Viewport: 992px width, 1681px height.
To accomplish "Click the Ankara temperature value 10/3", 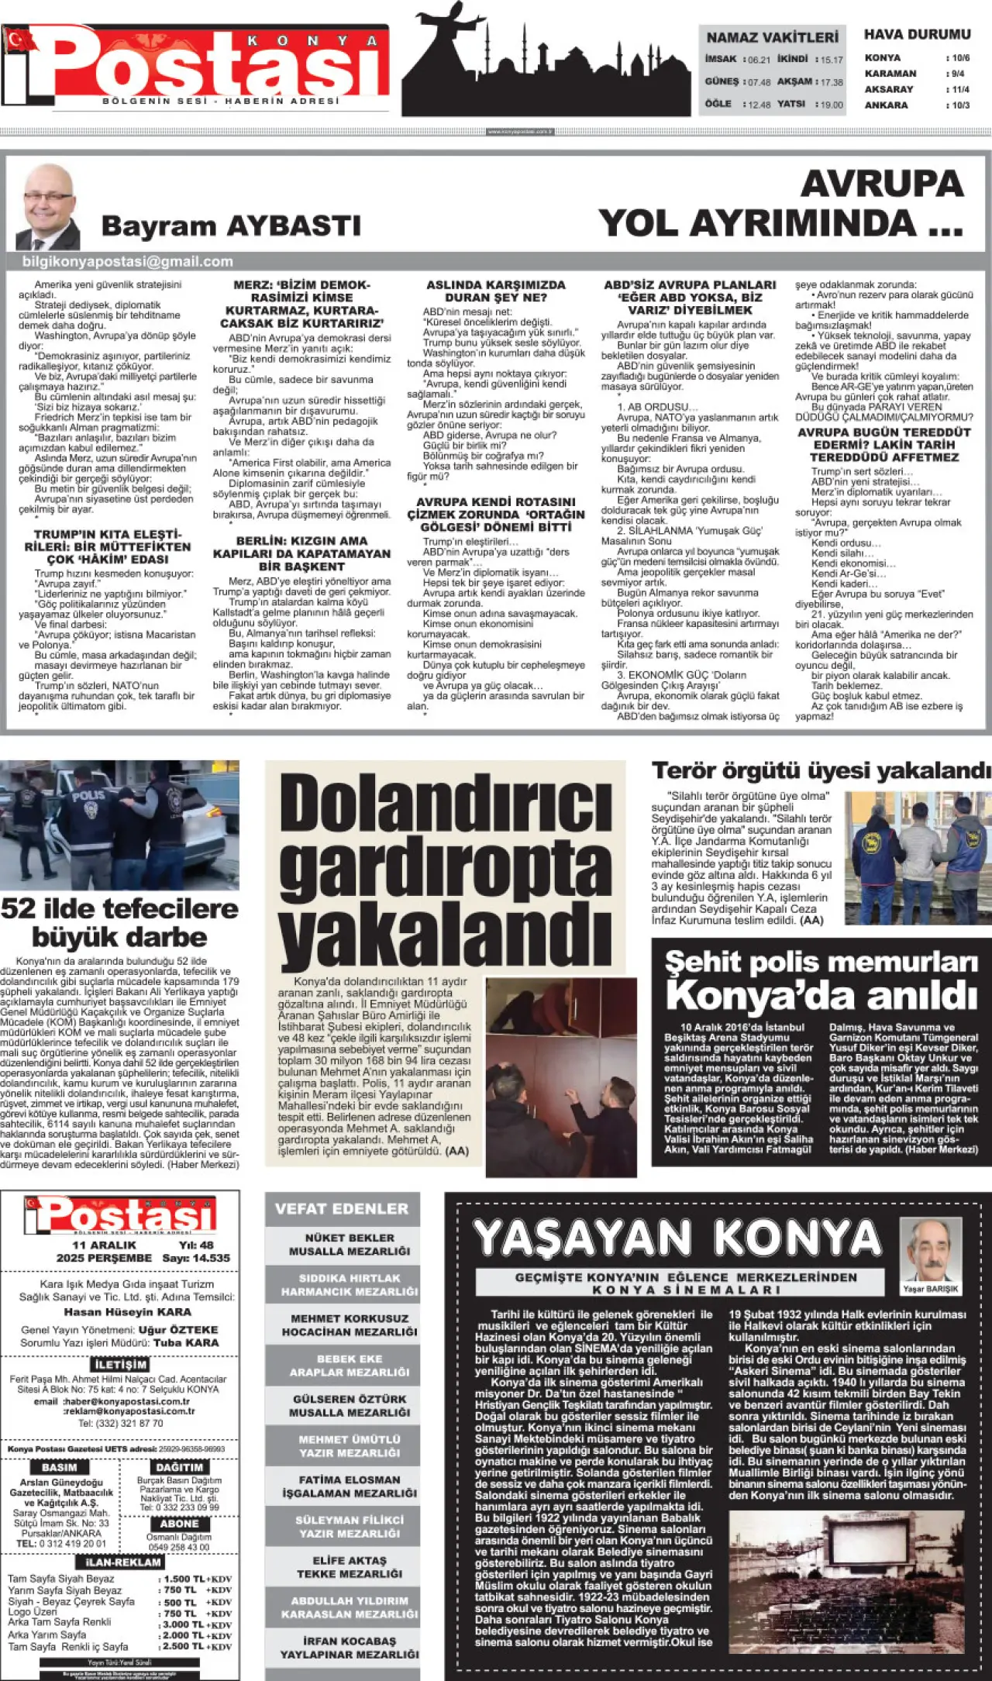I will click(960, 105).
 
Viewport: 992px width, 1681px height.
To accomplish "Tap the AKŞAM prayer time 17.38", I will click(831, 82).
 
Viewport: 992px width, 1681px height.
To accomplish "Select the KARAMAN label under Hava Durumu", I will click(890, 74).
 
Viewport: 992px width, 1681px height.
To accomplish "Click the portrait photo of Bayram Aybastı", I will click(48, 207).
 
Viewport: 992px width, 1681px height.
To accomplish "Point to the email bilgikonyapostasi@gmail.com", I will click(128, 262).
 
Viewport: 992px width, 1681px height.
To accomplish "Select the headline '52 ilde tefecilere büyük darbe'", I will click(120, 922).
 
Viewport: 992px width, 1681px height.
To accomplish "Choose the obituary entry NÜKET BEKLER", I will click(350, 1244).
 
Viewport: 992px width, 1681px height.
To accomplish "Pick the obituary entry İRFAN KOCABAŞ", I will click(350, 1647).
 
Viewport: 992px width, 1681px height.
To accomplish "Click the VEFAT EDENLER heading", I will click(342, 1208).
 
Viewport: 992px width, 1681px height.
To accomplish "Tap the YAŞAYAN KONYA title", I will click(677, 1237).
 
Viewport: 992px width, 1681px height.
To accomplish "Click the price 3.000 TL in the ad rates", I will click(179, 1624).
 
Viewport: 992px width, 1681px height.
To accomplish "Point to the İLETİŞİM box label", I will click(120, 1364).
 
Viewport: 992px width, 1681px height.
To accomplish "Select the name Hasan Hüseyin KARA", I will click(128, 1312).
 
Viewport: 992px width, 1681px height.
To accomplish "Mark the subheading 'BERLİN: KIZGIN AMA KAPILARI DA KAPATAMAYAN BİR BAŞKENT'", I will click(302, 553).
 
